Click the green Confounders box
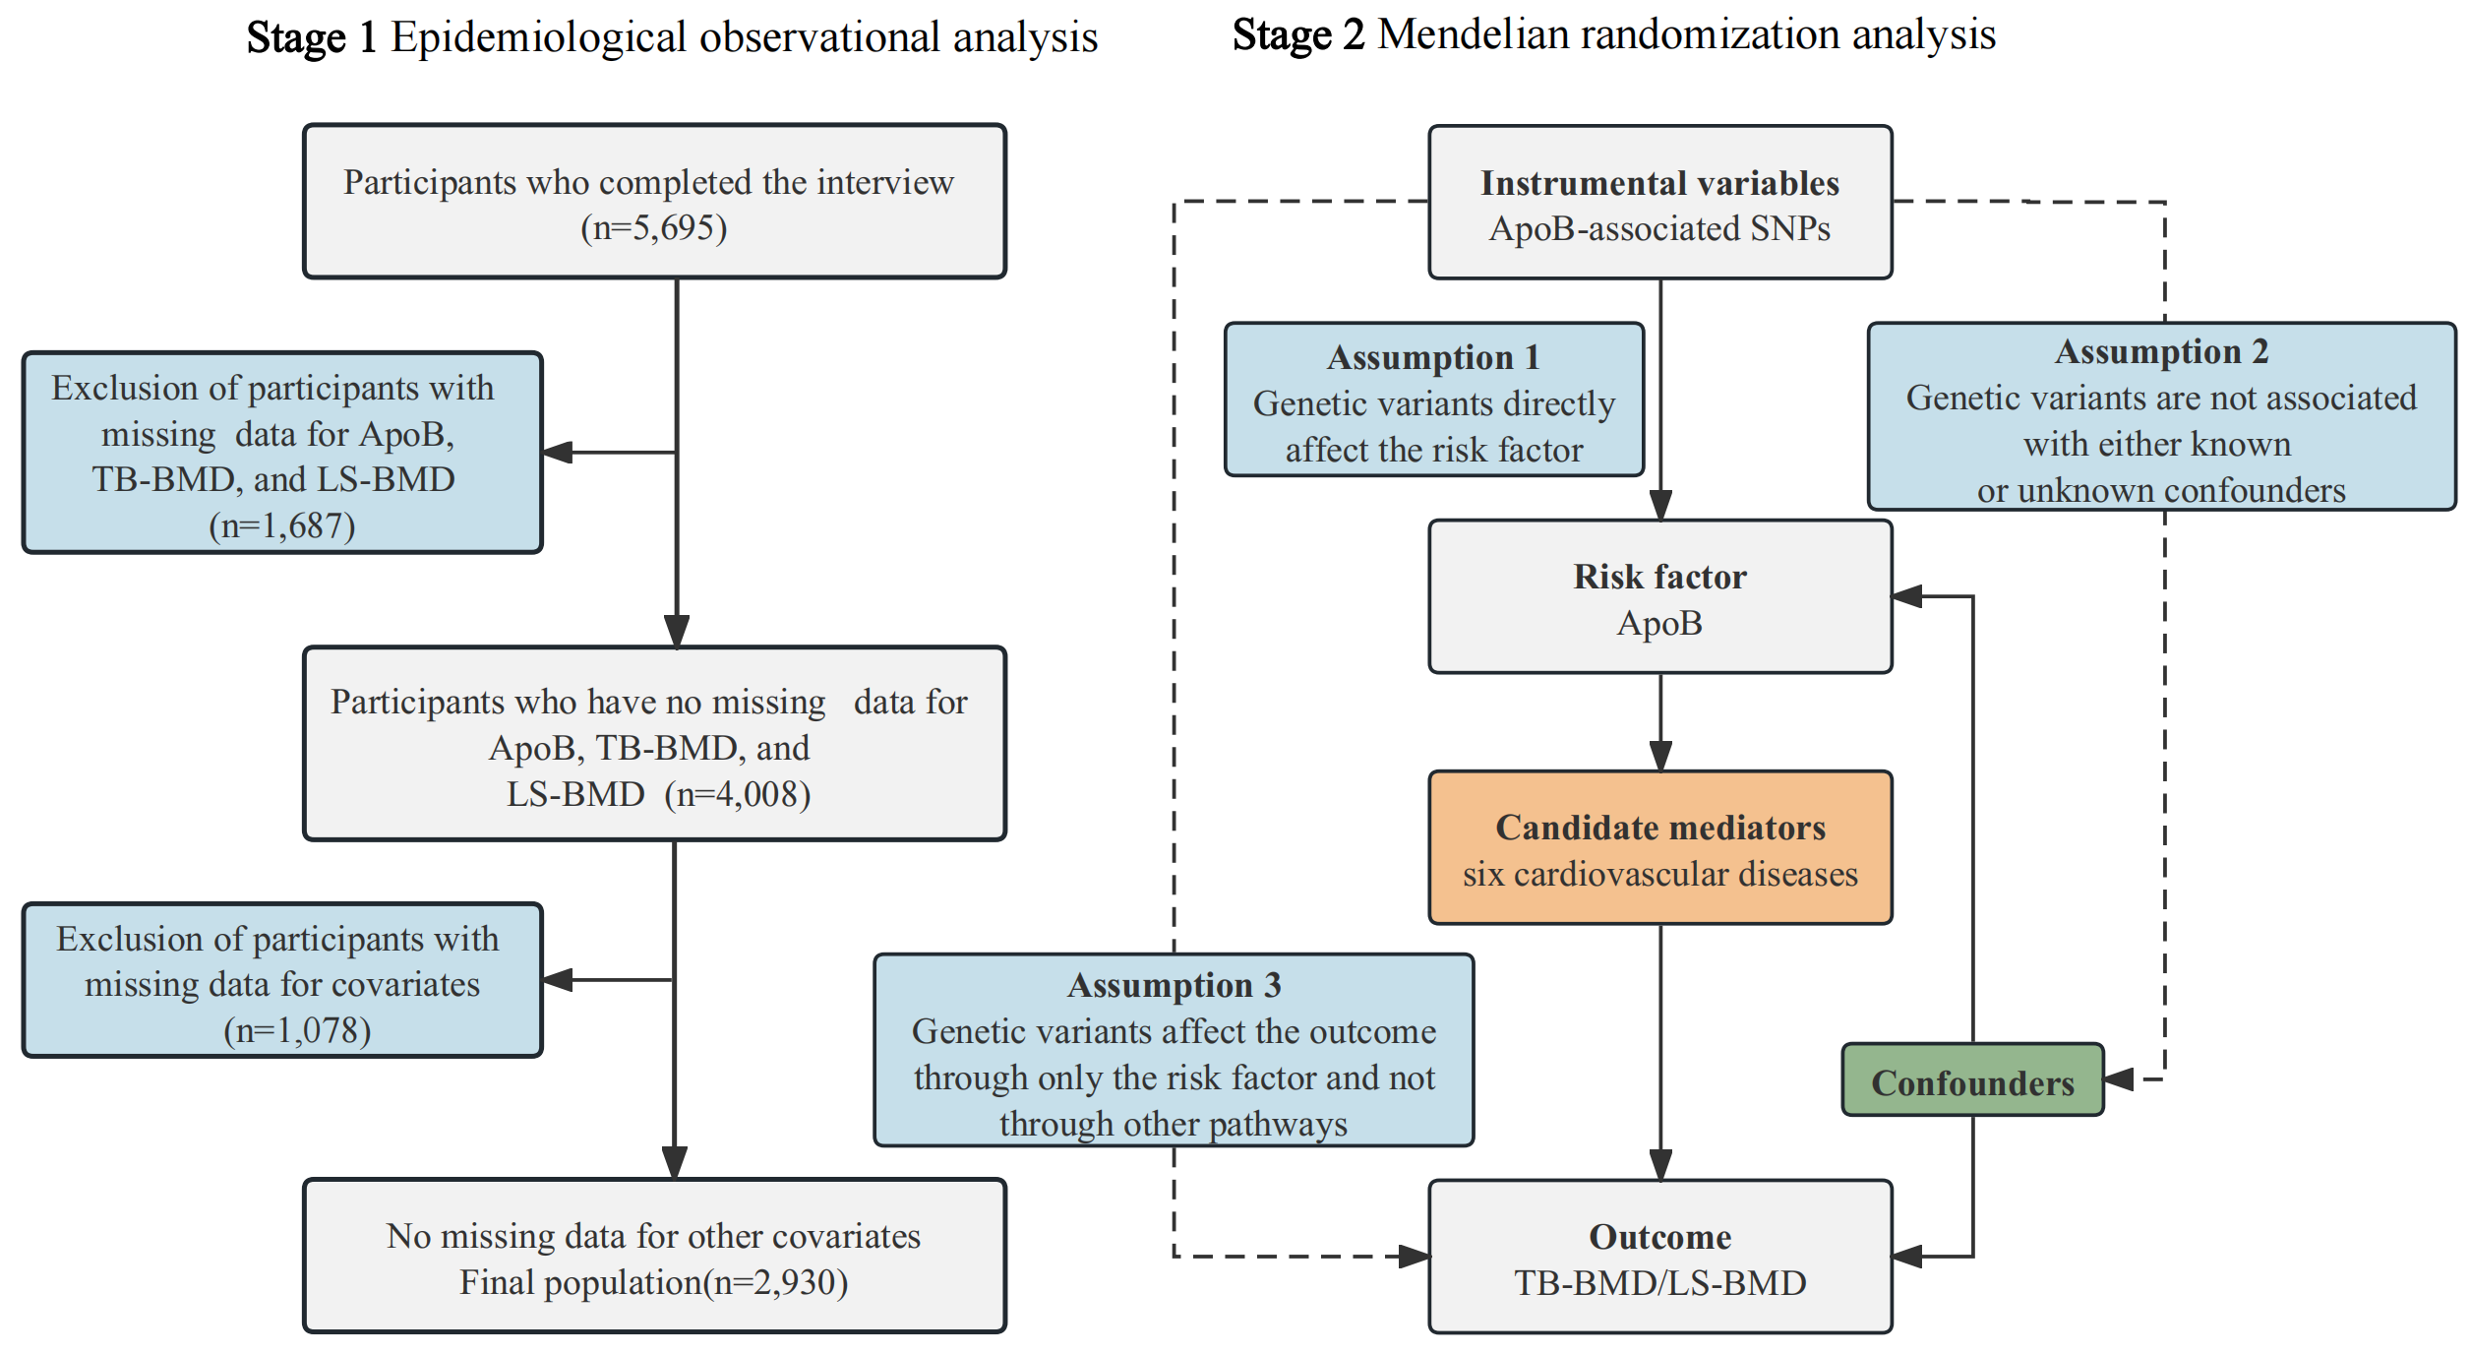1971,1081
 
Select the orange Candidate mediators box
1659,847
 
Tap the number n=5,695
653,228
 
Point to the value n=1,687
282,525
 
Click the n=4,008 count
738,794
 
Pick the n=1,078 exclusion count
297,1030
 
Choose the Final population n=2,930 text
653,1282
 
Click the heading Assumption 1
1433,357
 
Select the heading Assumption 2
2161,351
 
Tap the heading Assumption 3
1174,985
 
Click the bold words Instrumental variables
1659,183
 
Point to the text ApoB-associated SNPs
1659,228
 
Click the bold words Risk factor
1659,577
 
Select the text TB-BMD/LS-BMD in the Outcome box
1659,1283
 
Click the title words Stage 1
311,37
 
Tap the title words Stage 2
1297,35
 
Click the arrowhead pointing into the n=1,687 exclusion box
558,453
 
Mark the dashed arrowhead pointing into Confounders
2118,1079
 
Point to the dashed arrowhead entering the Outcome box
1415,1257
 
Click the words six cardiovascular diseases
1659,874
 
